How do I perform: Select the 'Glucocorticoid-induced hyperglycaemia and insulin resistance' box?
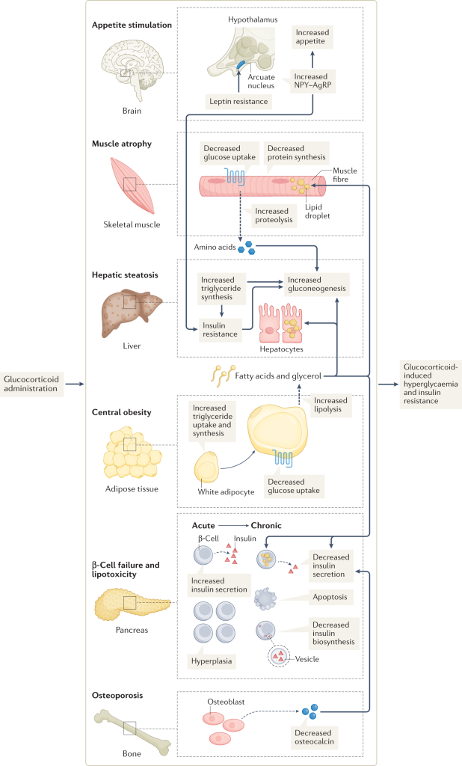pyautogui.click(x=431, y=384)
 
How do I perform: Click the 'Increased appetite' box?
pyautogui.click(x=312, y=38)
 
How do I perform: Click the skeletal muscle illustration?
pyautogui.click(x=130, y=185)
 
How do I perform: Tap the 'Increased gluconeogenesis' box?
pyautogui.click(x=318, y=284)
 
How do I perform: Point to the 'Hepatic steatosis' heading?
pyautogui.click(x=125, y=275)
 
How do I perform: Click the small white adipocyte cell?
pyautogui.click(x=209, y=468)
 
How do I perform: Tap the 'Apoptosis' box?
pyautogui.click(x=330, y=598)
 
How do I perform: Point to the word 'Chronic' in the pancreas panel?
pyautogui.click(x=265, y=525)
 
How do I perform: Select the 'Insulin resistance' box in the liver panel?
pyautogui.click(x=221, y=330)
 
